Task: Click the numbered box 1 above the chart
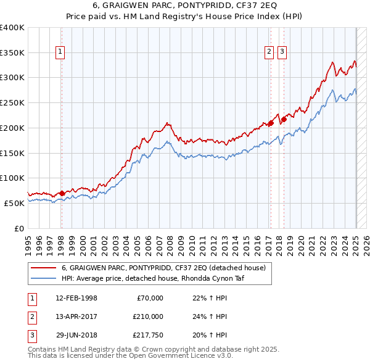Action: pyautogui.click(x=60, y=52)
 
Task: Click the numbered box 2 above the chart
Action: pyautogui.click(x=269, y=52)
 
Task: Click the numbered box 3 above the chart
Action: pyautogui.click(x=281, y=52)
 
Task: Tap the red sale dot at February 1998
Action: pyautogui.click(x=62, y=193)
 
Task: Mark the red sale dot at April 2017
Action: pyautogui.click(x=271, y=123)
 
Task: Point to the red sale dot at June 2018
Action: pyautogui.click(x=284, y=119)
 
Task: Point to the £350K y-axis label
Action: pyautogui.click(x=12, y=52)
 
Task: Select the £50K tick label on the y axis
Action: pyautogui.click(x=15, y=203)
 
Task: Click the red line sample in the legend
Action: pyautogui.click(x=43, y=268)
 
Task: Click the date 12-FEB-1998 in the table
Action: pyautogui.click(x=76, y=299)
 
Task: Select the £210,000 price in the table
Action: pyautogui.click(x=148, y=316)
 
